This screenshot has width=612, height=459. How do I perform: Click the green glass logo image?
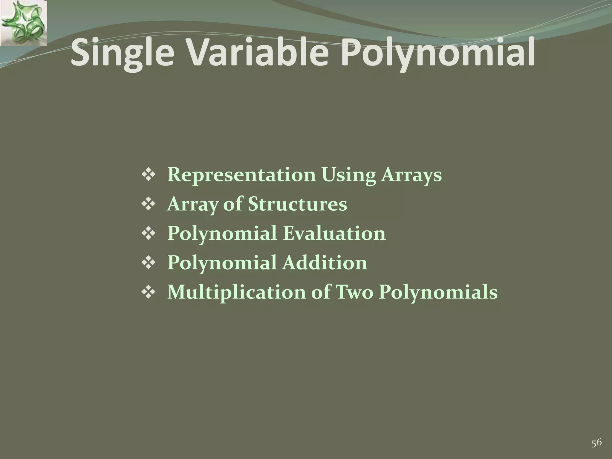click(x=23, y=23)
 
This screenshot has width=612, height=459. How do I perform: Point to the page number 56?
click(x=596, y=434)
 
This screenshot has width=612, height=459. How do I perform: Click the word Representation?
click(x=241, y=175)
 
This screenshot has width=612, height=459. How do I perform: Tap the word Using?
click(x=348, y=175)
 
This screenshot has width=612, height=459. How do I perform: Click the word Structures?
click(x=298, y=204)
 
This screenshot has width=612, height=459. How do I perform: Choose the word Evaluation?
click(x=334, y=233)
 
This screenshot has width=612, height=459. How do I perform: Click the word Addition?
click(x=325, y=263)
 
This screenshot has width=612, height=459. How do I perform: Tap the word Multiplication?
click(x=236, y=292)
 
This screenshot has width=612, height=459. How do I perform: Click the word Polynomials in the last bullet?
click(x=438, y=292)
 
